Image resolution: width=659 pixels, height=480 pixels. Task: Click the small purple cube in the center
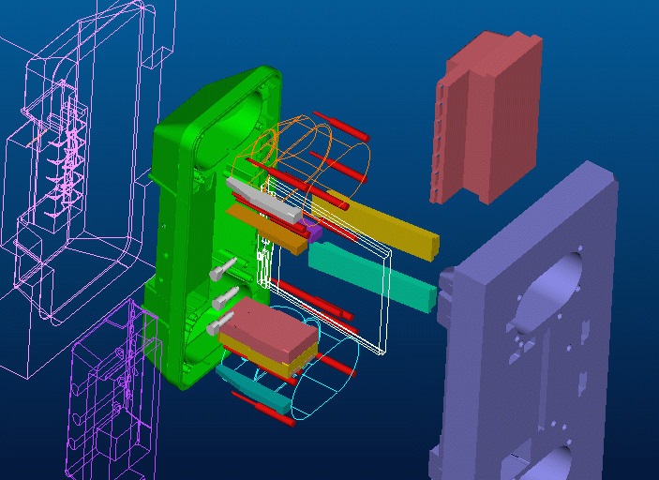point(312,231)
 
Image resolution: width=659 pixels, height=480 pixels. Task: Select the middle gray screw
point(225,299)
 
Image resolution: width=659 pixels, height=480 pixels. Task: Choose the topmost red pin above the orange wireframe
point(339,123)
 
